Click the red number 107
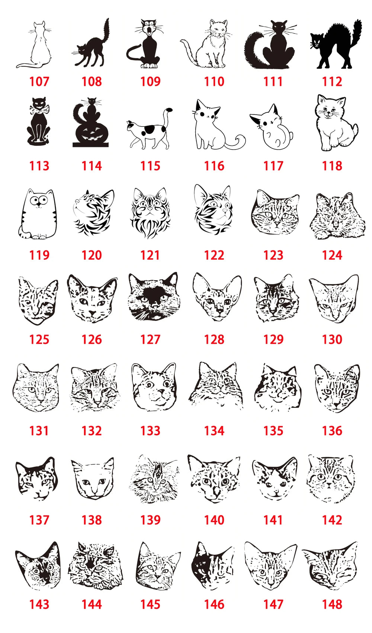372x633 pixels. pos(39,81)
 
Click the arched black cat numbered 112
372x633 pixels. pos(335,47)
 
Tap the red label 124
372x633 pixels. pos(332,255)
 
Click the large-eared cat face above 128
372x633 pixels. pos(216,298)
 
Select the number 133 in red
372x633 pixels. pos(150,431)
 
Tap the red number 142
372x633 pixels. pos(332,520)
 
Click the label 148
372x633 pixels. pos(332,604)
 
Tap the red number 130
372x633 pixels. pos(332,339)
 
